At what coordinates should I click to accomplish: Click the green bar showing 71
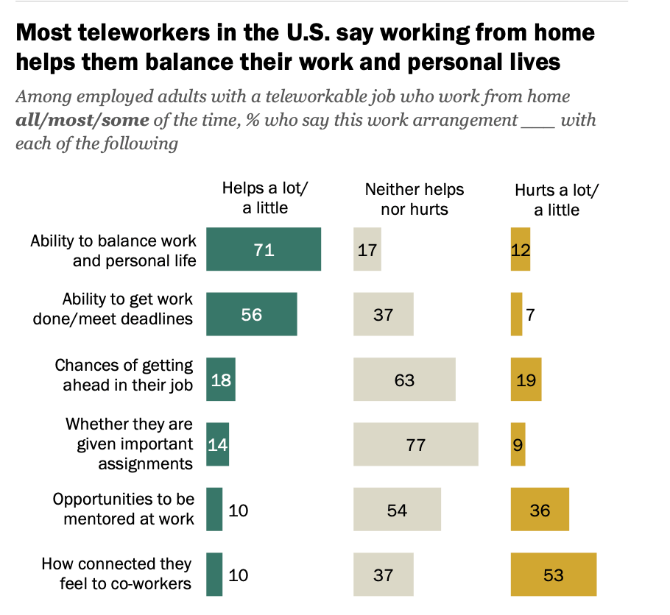[x=264, y=249]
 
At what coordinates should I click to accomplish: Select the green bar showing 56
[x=252, y=314]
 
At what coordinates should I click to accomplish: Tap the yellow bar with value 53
[x=553, y=574]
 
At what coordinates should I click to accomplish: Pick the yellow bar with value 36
[x=540, y=509]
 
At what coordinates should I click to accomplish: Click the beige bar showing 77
[x=415, y=444]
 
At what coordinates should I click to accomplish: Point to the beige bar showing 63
[x=404, y=380]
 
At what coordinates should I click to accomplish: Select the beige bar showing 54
[x=397, y=509]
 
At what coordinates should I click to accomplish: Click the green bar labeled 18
[x=221, y=380]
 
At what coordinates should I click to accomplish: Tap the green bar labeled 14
[x=218, y=444]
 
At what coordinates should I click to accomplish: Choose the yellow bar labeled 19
[x=526, y=380]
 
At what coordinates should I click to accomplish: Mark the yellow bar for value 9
[x=518, y=444]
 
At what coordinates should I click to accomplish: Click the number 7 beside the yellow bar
[x=530, y=315]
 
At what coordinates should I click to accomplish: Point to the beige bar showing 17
[x=367, y=249]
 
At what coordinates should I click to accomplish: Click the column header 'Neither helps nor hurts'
[x=415, y=199]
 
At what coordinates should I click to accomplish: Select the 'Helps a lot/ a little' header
[x=265, y=198]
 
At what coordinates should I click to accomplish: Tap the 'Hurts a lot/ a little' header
[x=557, y=199]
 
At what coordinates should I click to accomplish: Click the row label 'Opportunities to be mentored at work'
[x=123, y=509]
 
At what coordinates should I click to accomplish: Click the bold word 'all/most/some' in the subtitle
[x=82, y=119]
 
